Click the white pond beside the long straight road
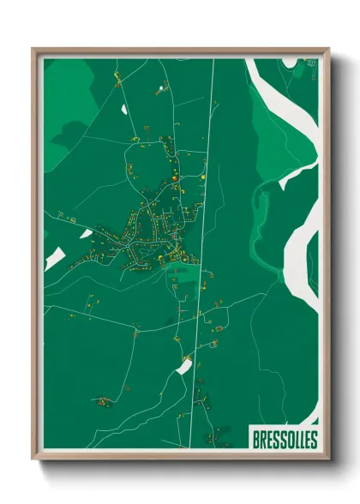[x=183, y=367]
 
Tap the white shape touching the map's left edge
[x=53, y=257]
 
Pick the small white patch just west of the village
[x=86, y=232]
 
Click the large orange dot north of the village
[x=174, y=177]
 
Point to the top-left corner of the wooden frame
[x=35, y=51]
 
